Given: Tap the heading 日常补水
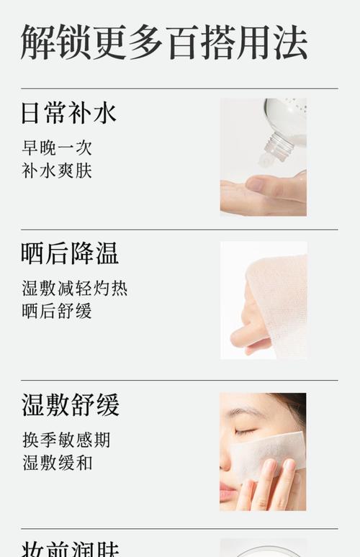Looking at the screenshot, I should point(68,113).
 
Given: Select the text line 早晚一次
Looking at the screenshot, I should point(57,148).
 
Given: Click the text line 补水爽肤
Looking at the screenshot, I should point(57,171).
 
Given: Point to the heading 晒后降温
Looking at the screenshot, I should point(69,253).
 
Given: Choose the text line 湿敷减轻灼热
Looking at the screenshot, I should point(75,288).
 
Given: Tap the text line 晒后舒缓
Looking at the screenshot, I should point(57,312).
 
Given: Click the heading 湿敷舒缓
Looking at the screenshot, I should point(70,404).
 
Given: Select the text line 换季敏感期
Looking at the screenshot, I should point(66,439).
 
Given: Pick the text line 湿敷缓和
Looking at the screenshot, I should point(57,463).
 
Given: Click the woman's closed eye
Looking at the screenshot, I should point(245,432).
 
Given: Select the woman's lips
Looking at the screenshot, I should point(227,492).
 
